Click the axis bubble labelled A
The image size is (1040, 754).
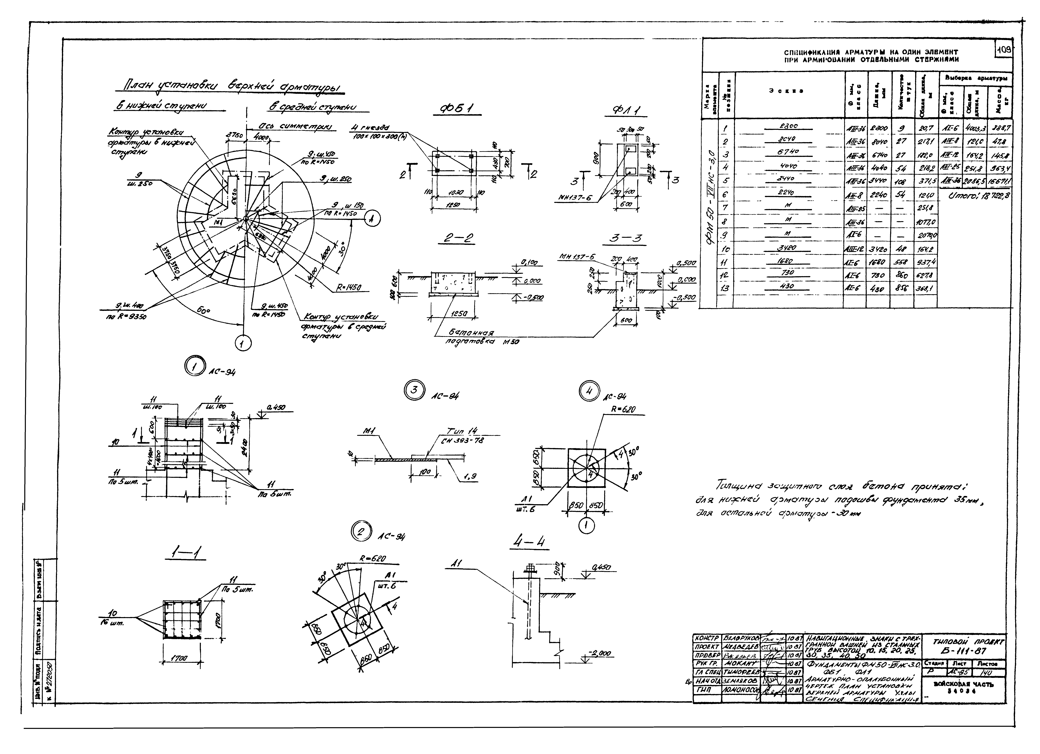click(x=372, y=220)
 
